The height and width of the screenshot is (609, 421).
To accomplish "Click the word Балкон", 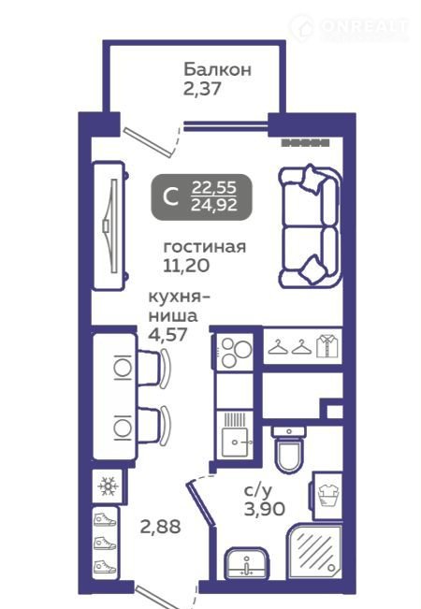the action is point(217,69).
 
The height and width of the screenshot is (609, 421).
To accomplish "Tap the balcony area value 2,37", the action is point(202,89).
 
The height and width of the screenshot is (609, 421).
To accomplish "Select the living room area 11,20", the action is point(186,266).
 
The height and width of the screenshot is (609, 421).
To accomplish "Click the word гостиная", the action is point(205,247).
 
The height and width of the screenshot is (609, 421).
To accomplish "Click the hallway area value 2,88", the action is point(160,527).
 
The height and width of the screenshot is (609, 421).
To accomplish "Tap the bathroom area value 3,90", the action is point(265,509).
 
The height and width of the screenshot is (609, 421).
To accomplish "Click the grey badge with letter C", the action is point(201,196).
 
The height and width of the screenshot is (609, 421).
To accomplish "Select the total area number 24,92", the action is point(214,205).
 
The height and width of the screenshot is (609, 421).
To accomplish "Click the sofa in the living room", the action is point(311,226).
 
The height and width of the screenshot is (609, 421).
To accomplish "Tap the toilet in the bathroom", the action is point(288,448).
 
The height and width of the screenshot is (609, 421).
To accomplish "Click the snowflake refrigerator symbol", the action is point(108,486).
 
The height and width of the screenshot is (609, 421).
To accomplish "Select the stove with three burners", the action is point(234,352).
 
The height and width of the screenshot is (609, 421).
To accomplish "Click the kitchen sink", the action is point(235,434).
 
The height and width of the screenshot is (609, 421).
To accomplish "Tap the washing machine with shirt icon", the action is point(327,496).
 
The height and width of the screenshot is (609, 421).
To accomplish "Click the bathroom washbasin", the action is point(247,562).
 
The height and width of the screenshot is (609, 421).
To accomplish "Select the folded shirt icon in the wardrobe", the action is point(327,346).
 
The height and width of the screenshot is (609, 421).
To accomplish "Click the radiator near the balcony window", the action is point(305,143).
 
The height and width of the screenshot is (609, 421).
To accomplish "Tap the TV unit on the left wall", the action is point(109,225).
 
